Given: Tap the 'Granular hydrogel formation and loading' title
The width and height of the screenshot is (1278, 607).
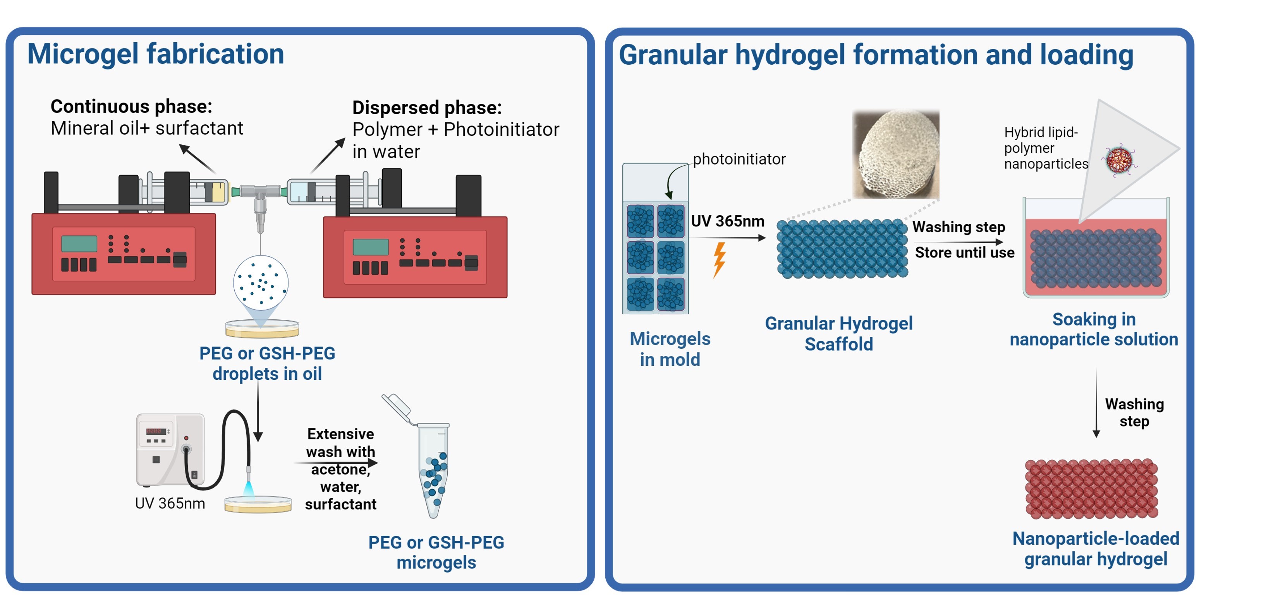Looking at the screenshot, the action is [x=876, y=55].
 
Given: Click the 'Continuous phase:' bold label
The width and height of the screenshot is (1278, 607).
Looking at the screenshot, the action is [x=131, y=106].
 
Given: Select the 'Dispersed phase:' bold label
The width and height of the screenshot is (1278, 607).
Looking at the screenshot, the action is [x=427, y=108].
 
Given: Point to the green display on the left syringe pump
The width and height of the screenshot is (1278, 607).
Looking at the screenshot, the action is [x=79, y=244].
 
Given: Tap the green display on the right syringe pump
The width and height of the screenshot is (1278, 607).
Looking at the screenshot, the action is [x=371, y=247].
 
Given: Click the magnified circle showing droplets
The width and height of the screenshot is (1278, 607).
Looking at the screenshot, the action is [x=261, y=283].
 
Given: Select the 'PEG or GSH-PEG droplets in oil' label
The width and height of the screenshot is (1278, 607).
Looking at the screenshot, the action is [x=267, y=364].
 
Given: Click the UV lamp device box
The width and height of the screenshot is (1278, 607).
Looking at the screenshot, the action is [x=170, y=450].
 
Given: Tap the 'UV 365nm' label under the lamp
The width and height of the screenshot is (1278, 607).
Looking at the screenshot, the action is [x=170, y=503].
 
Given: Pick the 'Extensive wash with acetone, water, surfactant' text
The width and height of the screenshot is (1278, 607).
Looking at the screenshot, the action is [x=341, y=469].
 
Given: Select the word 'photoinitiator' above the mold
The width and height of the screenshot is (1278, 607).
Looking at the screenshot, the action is [x=739, y=159].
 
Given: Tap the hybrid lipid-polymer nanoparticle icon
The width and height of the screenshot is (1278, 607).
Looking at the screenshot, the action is [x=1119, y=159].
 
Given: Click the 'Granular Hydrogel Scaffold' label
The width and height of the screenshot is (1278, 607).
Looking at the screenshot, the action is [x=839, y=334].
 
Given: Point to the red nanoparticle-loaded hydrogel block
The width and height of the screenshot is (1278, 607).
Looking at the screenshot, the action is [x=1091, y=489].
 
